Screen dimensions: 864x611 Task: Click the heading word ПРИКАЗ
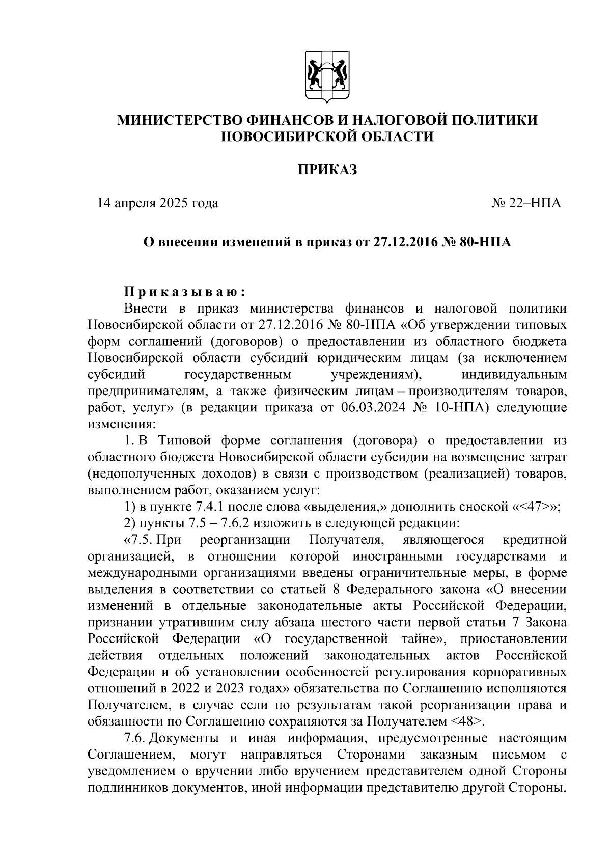(327, 170)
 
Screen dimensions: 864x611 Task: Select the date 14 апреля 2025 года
(158, 203)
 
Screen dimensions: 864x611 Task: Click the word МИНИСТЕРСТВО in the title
(180, 120)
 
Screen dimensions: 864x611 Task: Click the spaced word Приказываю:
(185, 292)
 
